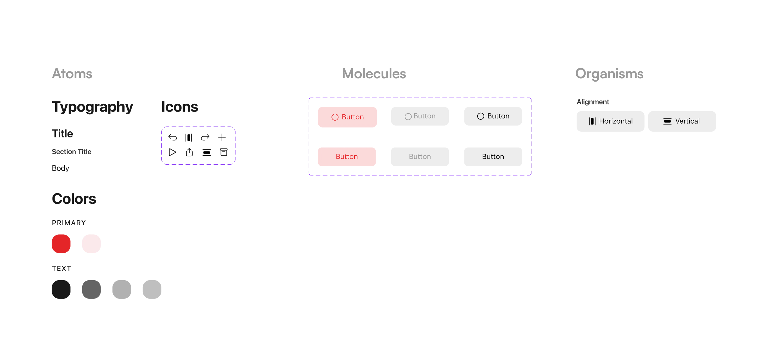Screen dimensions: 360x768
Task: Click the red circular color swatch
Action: (61, 243)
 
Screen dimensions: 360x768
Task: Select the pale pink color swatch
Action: (91, 243)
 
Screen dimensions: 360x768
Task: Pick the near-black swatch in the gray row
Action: (61, 289)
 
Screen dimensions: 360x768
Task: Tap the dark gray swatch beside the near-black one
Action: (91, 289)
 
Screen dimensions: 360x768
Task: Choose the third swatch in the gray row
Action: (121, 289)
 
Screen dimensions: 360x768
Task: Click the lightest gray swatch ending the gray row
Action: (152, 289)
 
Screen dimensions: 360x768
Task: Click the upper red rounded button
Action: (347, 117)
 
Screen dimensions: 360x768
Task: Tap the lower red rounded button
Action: (347, 157)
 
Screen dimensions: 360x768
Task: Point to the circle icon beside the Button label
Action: (408, 117)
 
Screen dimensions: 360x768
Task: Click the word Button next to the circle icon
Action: (424, 116)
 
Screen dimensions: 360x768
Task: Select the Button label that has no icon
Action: (420, 157)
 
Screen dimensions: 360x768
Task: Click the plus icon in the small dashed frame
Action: (222, 137)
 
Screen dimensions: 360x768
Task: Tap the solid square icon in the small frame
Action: (223, 151)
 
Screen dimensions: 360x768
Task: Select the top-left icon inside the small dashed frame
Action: (173, 137)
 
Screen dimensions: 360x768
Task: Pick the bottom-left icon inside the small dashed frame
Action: (172, 151)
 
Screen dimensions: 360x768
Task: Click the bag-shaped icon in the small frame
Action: (189, 152)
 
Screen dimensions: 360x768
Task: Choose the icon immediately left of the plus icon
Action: (205, 137)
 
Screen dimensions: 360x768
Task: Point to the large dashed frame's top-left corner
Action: (309, 97)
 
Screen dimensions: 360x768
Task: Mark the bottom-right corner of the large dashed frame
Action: (532, 175)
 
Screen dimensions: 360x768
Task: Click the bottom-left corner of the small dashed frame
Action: (162, 164)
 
